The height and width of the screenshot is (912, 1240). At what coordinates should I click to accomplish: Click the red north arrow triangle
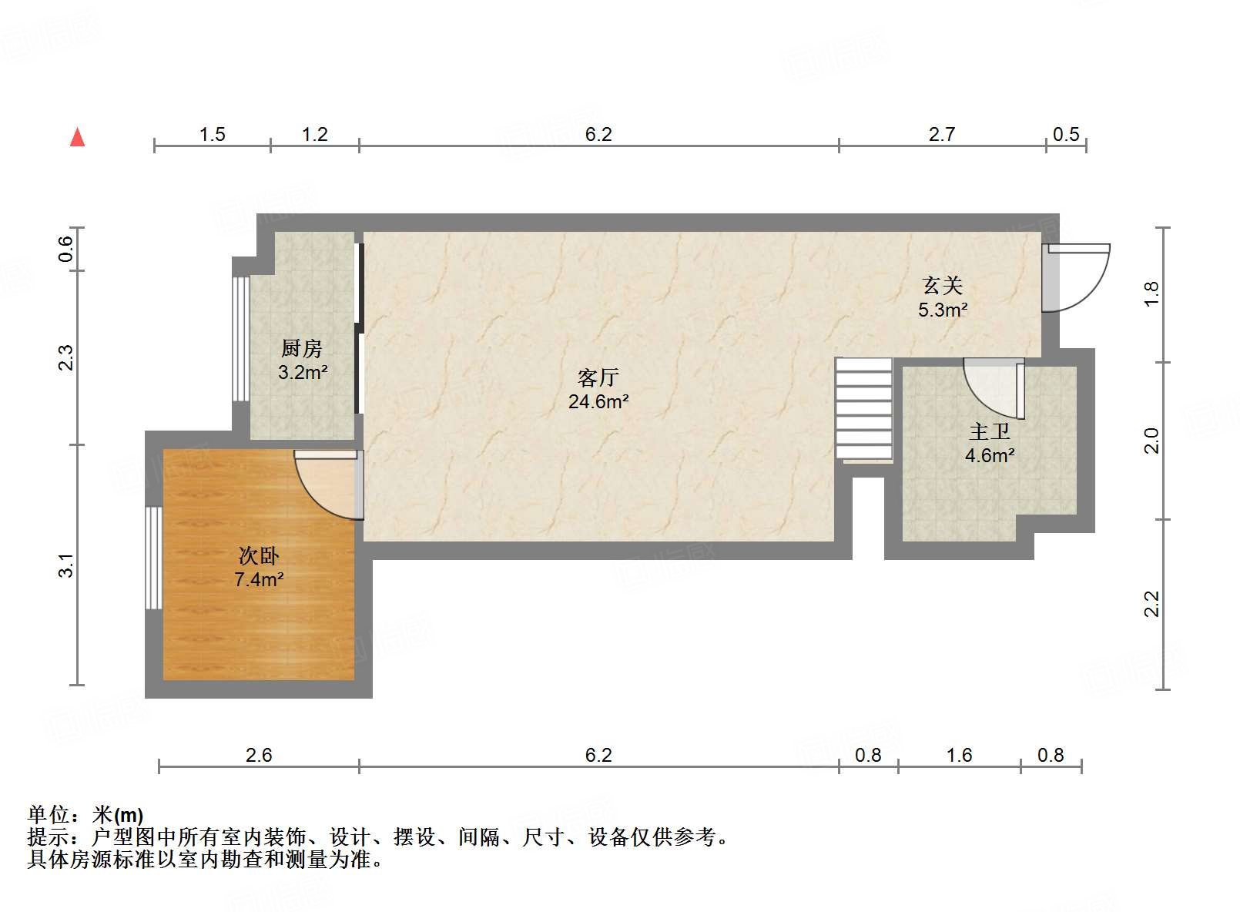(77, 138)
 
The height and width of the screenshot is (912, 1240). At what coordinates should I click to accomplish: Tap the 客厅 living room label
(598, 377)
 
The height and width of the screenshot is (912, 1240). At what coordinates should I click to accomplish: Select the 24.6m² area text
(598, 401)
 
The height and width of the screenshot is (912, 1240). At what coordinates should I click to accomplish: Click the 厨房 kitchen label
(301, 349)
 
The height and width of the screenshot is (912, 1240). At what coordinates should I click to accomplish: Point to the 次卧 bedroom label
(258, 555)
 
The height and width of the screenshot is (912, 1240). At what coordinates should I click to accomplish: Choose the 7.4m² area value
(259, 579)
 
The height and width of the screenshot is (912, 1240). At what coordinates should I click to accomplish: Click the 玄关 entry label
(943, 286)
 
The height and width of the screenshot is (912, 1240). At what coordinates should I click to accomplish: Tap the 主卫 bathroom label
(989, 431)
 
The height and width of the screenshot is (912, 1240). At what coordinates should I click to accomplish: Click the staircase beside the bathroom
(864, 409)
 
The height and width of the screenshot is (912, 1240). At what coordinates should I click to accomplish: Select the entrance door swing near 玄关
(1074, 277)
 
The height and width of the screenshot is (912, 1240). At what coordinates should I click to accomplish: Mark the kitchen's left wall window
(241, 339)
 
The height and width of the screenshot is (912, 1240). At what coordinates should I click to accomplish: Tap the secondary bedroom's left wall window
(154, 558)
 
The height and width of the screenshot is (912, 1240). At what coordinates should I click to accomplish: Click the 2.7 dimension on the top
(941, 135)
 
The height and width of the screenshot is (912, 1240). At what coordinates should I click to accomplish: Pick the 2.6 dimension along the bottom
(259, 755)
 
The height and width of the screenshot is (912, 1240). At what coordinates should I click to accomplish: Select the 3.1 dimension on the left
(67, 565)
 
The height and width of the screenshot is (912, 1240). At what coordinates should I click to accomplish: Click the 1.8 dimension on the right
(1151, 293)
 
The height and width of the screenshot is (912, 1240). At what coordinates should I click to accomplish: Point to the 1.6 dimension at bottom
(959, 755)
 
